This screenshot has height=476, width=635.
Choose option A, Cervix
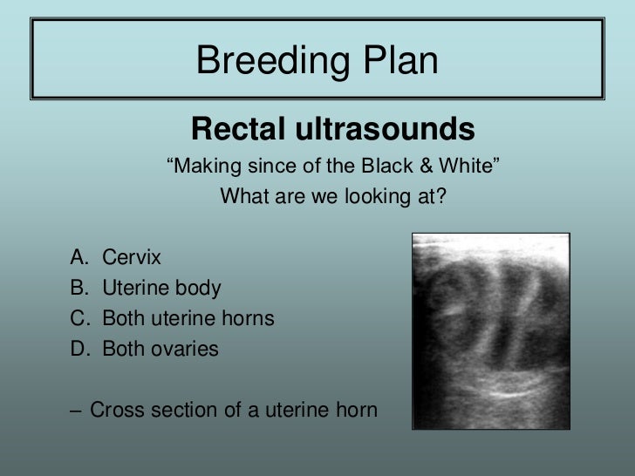pos(132,257)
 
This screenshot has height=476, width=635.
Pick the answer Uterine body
pos(161,288)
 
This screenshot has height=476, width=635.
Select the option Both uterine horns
pos(188,318)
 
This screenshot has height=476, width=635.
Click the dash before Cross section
pos(78,409)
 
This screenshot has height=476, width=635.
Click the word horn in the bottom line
pos(357,409)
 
